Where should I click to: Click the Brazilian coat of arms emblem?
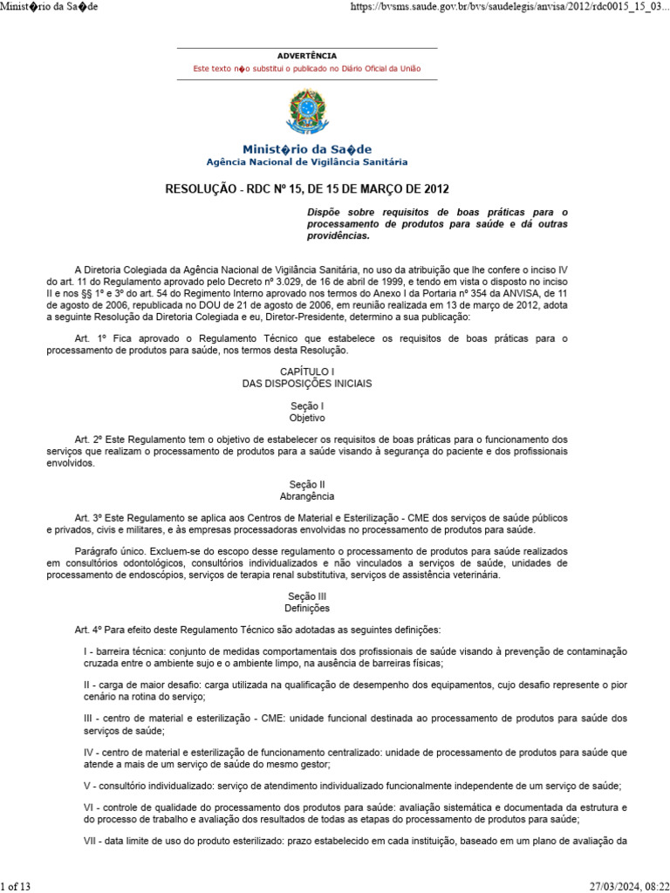tap(306, 113)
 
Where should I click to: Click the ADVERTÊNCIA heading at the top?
tap(306, 56)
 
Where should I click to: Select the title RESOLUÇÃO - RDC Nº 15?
tap(307, 189)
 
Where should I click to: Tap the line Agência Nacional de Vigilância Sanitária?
tap(306, 162)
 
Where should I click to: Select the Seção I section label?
tap(306, 406)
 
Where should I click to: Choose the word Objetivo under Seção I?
tap(306, 418)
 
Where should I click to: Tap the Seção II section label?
tap(306, 484)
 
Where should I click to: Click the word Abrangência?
tap(306, 495)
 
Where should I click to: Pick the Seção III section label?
tap(306, 596)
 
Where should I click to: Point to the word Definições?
tap(306, 608)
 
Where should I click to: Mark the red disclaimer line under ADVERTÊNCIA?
tap(306, 68)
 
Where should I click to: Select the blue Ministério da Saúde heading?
tap(306, 149)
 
